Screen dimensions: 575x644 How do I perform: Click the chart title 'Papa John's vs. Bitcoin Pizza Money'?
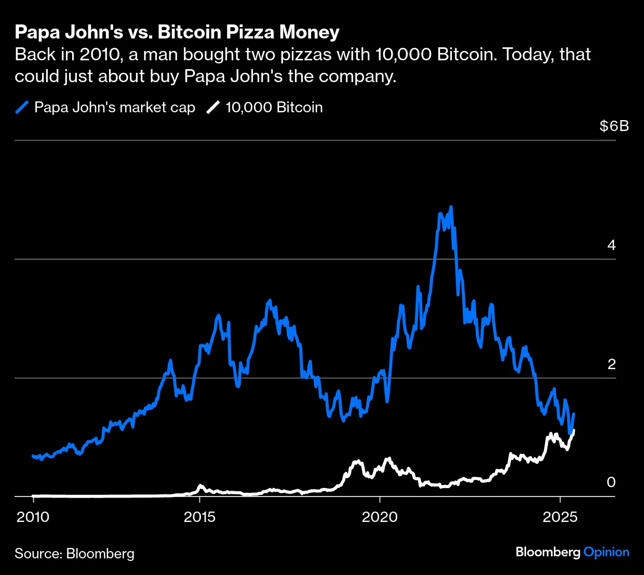pyautogui.click(x=177, y=32)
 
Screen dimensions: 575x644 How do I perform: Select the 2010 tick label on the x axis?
pyautogui.click(x=33, y=517)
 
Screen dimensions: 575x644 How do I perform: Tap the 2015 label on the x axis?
pyautogui.click(x=200, y=517)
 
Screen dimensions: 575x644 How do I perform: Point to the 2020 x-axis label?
pyautogui.click(x=380, y=517)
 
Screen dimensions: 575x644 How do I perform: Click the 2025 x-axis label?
pyautogui.click(x=560, y=517)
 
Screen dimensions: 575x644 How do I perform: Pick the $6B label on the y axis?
pyautogui.click(x=614, y=126)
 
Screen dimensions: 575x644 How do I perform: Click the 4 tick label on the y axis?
pyautogui.click(x=611, y=245)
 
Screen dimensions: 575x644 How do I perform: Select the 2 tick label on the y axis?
pyautogui.click(x=611, y=364)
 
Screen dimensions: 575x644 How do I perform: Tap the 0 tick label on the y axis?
pyautogui.click(x=611, y=482)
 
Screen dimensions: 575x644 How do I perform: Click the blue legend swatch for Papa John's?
pyautogui.click(x=22, y=108)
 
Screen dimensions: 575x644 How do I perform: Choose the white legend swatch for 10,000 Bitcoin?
pyautogui.click(x=213, y=108)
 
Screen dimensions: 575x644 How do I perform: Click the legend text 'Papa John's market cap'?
pyautogui.click(x=114, y=108)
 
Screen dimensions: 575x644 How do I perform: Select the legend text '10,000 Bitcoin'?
pyautogui.click(x=274, y=108)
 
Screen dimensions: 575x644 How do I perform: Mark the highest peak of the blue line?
pyautogui.click(x=451, y=207)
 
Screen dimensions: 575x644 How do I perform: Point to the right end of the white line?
pyautogui.click(x=573, y=430)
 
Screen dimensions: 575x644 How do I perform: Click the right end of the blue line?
pyautogui.click(x=573, y=414)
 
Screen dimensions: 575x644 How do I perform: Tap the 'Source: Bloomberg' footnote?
pyautogui.click(x=74, y=554)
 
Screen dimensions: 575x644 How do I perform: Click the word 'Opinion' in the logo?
pyautogui.click(x=606, y=552)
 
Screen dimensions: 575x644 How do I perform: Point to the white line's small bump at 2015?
pyautogui.click(x=201, y=486)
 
